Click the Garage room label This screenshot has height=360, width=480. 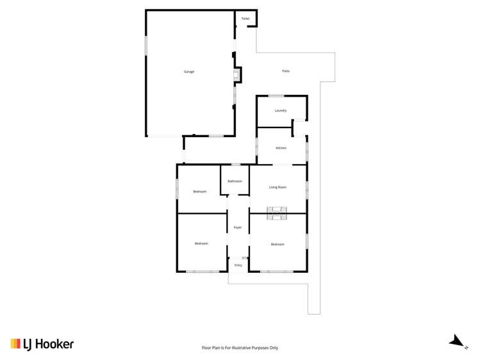click(x=188, y=71)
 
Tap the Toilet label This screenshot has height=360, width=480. click(x=245, y=19)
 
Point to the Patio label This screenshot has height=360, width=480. click(x=286, y=71)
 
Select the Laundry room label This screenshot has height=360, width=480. click(x=280, y=110)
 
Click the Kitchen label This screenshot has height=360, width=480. click(x=281, y=148)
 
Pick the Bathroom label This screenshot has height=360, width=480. click(x=235, y=181)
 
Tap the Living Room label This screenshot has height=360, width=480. click(x=277, y=187)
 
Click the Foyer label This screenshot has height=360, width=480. click(x=237, y=227)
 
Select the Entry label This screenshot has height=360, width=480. click(x=238, y=265)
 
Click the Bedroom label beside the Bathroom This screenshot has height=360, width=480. click(x=201, y=192)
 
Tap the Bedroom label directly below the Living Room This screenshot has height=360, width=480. click(x=277, y=244)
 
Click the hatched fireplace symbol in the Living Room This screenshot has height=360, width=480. click(x=277, y=209)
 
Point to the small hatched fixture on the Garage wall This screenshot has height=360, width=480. click(x=236, y=77)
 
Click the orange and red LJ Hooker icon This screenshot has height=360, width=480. click(x=15, y=344)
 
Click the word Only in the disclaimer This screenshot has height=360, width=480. click(x=274, y=348)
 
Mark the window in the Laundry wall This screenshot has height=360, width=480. click(x=280, y=95)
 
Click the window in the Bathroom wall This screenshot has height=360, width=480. click(x=235, y=165)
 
